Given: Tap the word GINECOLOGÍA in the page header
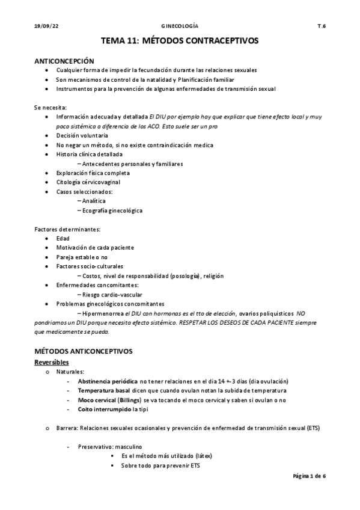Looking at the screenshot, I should coord(180,26).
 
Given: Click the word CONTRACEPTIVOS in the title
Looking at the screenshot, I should coord(222,41).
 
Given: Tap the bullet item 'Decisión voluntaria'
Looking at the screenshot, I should coord(82,135).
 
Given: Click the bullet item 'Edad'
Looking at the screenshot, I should coord(63,238).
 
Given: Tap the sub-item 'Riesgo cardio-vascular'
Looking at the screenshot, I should coord(112,295).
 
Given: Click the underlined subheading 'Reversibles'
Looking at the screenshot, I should coord(51,362).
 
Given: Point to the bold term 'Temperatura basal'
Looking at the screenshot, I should coord(105,390).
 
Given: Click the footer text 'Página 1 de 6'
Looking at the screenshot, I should coord(309,475).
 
